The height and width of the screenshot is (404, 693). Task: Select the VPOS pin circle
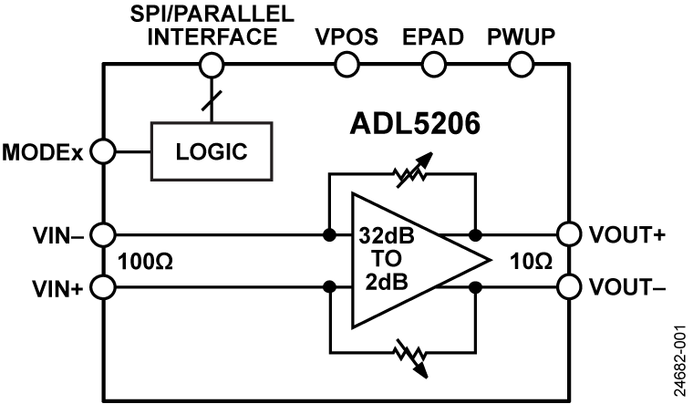click(x=347, y=64)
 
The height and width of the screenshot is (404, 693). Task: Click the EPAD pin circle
click(x=433, y=64)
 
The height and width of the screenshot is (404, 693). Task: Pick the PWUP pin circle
click(x=520, y=64)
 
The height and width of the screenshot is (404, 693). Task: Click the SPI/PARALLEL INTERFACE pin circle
click(x=212, y=64)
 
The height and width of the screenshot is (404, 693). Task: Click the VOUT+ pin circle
click(x=570, y=235)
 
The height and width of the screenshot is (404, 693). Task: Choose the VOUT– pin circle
click(x=570, y=288)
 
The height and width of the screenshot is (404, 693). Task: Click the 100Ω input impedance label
click(x=147, y=263)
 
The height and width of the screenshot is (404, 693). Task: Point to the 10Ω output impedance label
click(x=531, y=263)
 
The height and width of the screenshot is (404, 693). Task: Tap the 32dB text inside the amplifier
click(x=385, y=235)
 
